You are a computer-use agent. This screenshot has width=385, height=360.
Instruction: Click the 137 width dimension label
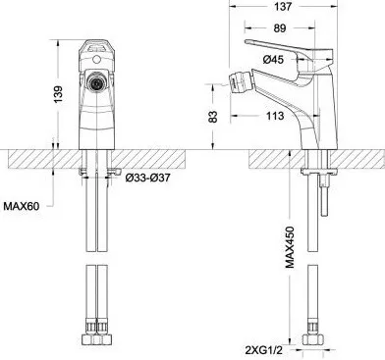click(x=284, y=7)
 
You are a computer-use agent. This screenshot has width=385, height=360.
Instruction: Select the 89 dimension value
click(x=280, y=28)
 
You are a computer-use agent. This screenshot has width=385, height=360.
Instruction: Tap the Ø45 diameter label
click(x=273, y=60)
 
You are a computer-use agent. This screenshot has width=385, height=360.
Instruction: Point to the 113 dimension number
click(x=275, y=116)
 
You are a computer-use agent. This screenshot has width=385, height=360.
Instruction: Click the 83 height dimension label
click(x=213, y=117)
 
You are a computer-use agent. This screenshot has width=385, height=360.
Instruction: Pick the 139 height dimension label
click(x=58, y=94)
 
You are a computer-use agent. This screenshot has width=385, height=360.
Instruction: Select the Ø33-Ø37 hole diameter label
click(x=147, y=179)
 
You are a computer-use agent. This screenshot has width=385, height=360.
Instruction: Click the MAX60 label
click(x=22, y=206)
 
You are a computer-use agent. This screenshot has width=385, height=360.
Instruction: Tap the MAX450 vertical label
click(x=290, y=247)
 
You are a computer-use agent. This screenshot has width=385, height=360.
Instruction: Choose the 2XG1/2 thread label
click(x=263, y=351)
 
